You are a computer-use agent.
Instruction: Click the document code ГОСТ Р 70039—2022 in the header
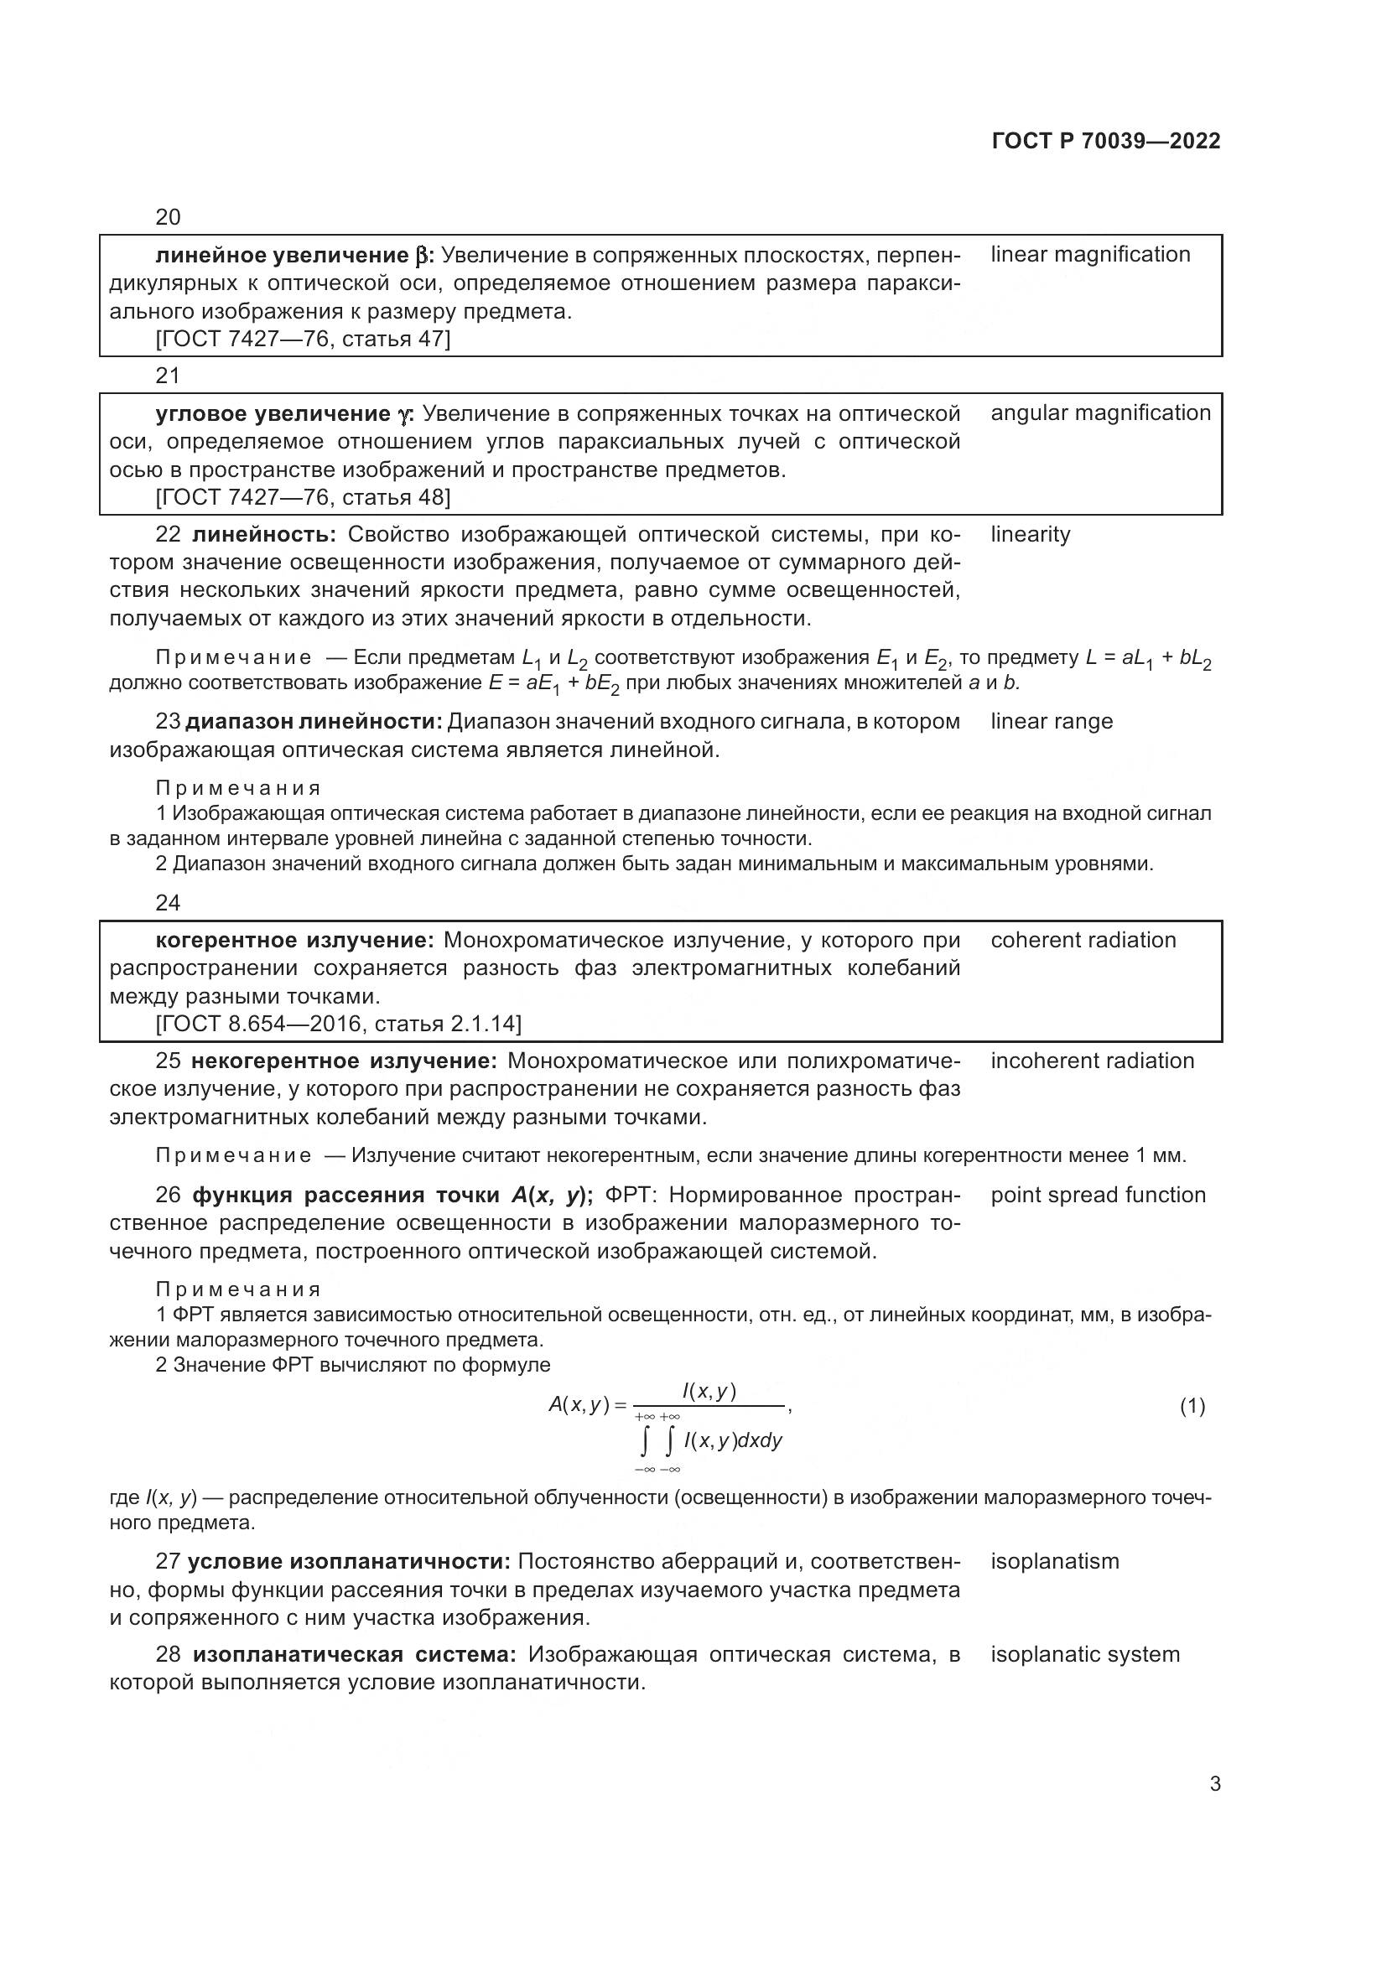[x=1106, y=141]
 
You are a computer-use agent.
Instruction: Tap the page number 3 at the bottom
[x=1215, y=1784]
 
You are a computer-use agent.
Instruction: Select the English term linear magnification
[x=1090, y=255]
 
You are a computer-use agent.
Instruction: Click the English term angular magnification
[x=1100, y=413]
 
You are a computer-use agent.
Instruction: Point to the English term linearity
[x=1030, y=535]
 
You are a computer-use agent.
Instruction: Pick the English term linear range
[x=1052, y=722]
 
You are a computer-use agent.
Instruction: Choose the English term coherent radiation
[x=1083, y=941]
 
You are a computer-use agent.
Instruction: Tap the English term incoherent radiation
[x=1092, y=1061]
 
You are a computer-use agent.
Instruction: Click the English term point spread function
[x=1098, y=1196]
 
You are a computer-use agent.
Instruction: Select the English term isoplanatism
[x=1054, y=1562]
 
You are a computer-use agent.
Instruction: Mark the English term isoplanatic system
[x=1084, y=1655]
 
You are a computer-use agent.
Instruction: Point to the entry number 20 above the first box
[x=168, y=217]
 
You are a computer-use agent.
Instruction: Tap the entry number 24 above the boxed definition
[x=168, y=903]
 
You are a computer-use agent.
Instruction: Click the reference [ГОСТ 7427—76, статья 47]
[x=303, y=339]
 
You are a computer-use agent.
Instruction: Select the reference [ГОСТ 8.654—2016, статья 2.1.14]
[x=338, y=1024]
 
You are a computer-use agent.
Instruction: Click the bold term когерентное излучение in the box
[x=294, y=941]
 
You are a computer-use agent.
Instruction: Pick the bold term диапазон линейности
[x=314, y=722]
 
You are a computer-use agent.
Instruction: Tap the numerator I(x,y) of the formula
[x=709, y=1392]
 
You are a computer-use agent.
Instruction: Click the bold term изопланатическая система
[x=355, y=1655]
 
